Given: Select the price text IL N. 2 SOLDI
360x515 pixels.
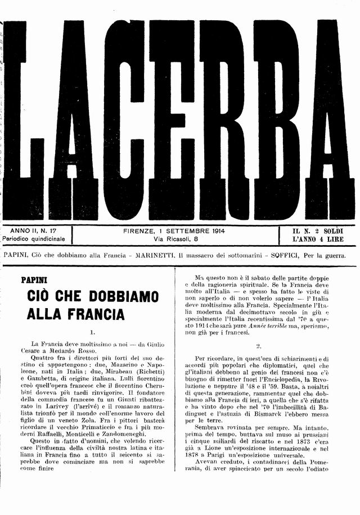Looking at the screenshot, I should (318, 231).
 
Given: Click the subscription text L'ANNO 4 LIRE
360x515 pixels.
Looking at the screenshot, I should (318, 240).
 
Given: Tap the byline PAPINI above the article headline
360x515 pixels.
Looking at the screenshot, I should (34, 279).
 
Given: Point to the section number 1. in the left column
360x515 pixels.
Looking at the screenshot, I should (93, 332).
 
